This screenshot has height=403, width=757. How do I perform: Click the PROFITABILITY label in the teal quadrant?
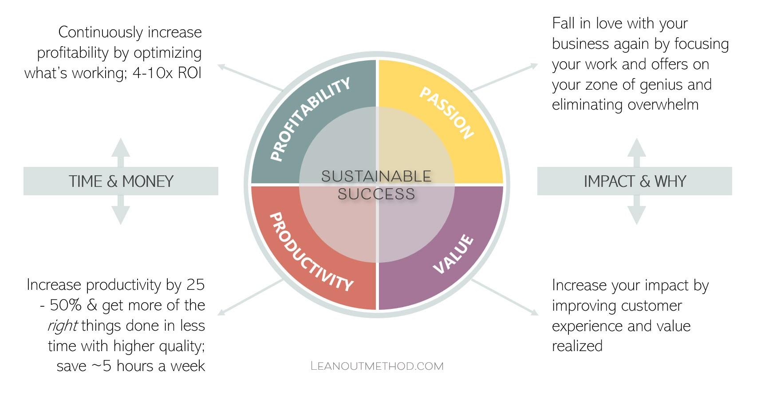pyautogui.click(x=310, y=119)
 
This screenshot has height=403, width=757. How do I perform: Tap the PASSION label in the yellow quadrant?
pyautogui.click(x=446, y=113)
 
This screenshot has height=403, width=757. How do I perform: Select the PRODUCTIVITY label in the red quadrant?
pyautogui.click(x=311, y=252)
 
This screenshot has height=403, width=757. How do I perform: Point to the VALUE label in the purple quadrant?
pyautogui.click(x=453, y=254)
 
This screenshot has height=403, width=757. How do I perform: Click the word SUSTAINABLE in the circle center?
pyautogui.click(x=376, y=176)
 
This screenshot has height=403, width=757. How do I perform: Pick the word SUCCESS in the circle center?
pyautogui.click(x=376, y=194)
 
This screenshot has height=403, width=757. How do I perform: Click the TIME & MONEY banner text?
pyautogui.click(x=121, y=181)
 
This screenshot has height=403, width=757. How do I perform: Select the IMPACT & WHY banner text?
pyautogui.click(x=635, y=181)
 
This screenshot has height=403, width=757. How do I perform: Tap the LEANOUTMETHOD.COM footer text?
pyautogui.click(x=377, y=366)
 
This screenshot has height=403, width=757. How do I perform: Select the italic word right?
pyautogui.click(x=63, y=326)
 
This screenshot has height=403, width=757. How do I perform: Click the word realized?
pyautogui.click(x=577, y=346)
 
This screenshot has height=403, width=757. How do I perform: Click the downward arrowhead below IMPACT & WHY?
pyautogui.click(x=637, y=215)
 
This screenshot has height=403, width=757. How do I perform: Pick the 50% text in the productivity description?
pyautogui.click(x=66, y=305)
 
